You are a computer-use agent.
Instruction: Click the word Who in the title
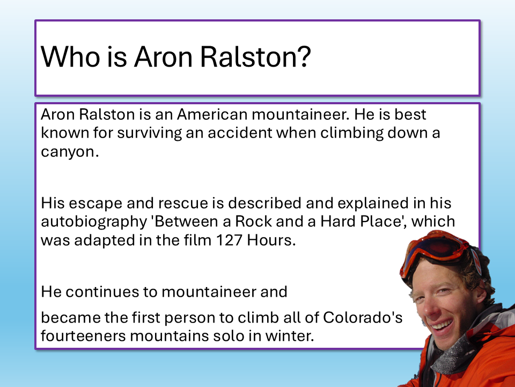pyautogui.click(x=70, y=56)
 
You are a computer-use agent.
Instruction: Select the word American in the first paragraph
pyautogui.click(x=212, y=114)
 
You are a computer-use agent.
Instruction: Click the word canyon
pyautogui.click(x=70, y=152)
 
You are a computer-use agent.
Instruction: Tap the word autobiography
pyautogui.click(x=94, y=222)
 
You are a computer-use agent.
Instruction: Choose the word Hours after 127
pyautogui.click(x=271, y=240)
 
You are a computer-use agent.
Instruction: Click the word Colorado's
pyautogui.click(x=363, y=318)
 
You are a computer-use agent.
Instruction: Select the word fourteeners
pyautogui.click(x=84, y=336)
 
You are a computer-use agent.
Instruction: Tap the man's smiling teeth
pyautogui.click(x=442, y=326)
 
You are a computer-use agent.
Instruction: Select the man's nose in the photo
pyautogui.click(x=426, y=307)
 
